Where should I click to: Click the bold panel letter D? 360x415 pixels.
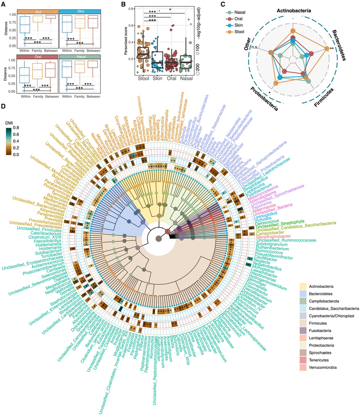pos(4,107)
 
